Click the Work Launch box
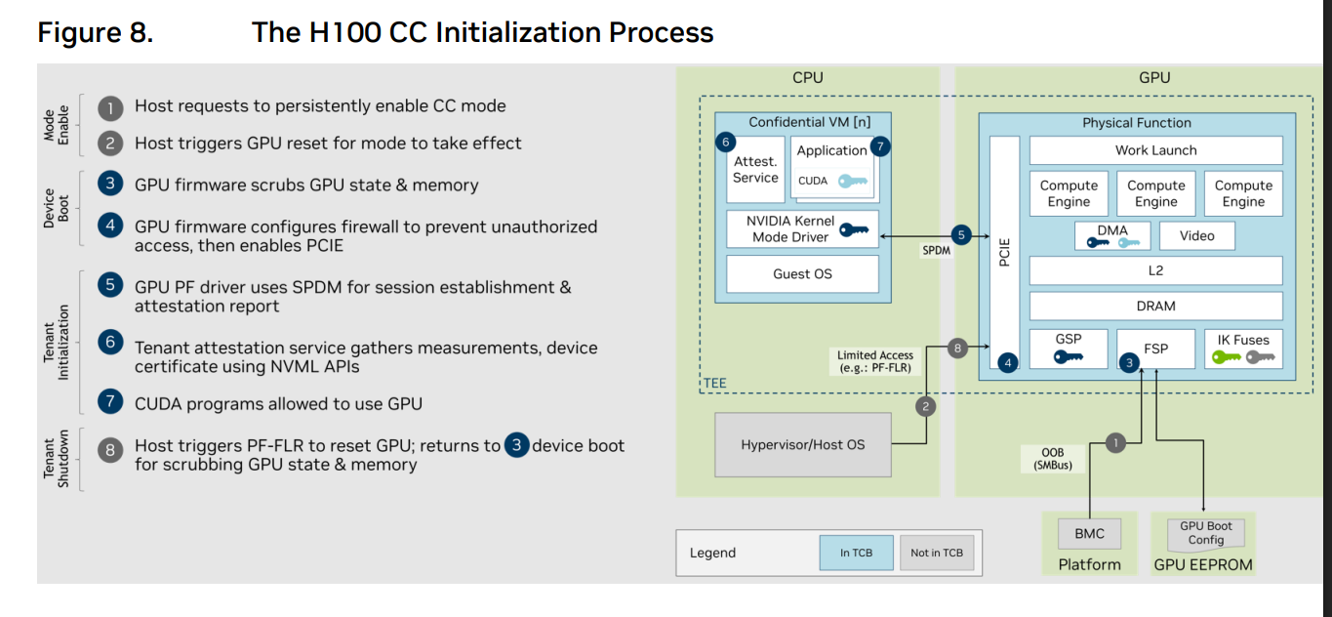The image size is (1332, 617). point(1155,150)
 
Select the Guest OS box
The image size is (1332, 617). point(802,274)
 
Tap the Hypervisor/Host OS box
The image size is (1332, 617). point(802,444)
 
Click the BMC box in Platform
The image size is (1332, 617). point(1089,534)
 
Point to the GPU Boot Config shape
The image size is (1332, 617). point(1205,533)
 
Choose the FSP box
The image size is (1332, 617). point(1155,348)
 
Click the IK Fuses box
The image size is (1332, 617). point(1243,348)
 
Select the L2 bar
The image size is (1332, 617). point(1155,270)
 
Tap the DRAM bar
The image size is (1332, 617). point(1155,306)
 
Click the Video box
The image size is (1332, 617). point(1196,235)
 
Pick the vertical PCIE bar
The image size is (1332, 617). point(1005,252)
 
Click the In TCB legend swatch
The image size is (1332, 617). point(856,553)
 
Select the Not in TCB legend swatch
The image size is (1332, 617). point(936,553)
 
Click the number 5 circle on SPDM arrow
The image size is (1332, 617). point(961,235)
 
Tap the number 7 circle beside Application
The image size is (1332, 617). point(881,147)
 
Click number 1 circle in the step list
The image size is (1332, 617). point(111,106)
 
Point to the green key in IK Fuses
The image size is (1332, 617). point(1224,357)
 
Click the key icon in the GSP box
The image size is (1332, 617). point(1068,357)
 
